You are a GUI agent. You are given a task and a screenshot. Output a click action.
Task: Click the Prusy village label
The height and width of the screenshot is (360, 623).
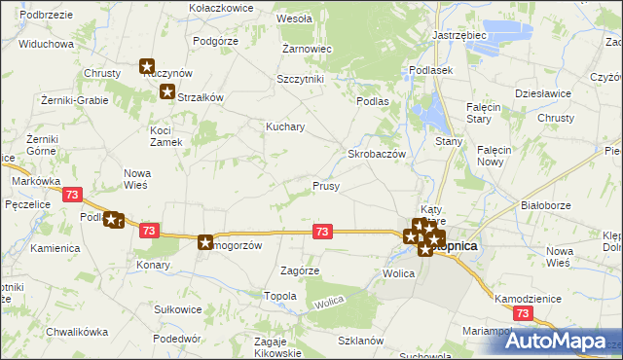pos(325,186)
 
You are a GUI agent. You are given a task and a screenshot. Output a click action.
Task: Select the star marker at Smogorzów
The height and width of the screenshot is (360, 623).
pos(205,242)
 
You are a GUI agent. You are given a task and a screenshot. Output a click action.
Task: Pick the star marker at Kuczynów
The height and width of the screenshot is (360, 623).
pos(147,67)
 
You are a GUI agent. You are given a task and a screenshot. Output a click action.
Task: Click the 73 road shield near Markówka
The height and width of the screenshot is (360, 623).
pos(71,195)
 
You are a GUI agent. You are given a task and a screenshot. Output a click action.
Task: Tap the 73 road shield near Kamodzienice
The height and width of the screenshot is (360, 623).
pos(524,312)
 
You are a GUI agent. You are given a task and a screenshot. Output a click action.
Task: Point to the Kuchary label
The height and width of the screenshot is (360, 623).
pos(286,126)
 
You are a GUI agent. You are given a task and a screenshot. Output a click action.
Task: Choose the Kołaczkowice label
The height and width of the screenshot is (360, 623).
pos(221,7)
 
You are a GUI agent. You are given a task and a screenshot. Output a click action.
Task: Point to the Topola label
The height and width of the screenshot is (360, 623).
pos(280,295)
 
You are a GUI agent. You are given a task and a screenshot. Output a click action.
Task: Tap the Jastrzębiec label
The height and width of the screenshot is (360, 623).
pos(458,35)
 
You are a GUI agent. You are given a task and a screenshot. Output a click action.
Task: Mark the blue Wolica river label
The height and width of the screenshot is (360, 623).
pos(328,305)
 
